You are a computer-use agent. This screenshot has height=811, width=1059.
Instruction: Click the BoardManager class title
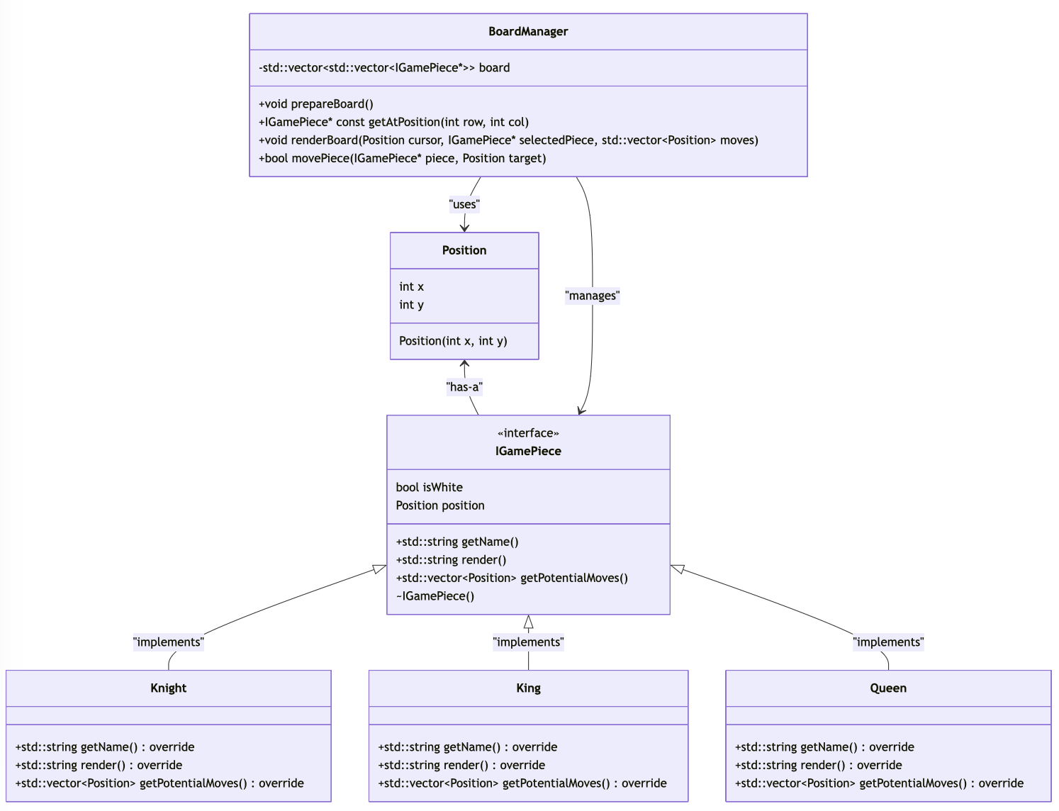528,31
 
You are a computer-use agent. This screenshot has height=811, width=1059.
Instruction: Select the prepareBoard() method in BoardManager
316,104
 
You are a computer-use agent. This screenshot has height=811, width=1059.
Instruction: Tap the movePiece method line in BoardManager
402,158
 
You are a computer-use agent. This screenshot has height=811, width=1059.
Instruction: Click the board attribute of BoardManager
384,67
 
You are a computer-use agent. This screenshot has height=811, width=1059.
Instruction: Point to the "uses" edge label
464,204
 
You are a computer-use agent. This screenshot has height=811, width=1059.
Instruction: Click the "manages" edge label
592,296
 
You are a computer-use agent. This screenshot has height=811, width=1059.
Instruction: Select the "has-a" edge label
464,387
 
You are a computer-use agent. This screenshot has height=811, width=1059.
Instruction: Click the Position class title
464,250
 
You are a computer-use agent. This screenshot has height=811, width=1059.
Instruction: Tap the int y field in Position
411,305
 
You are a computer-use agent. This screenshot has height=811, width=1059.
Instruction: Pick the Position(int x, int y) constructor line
453,341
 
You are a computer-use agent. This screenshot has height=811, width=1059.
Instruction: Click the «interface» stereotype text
528,433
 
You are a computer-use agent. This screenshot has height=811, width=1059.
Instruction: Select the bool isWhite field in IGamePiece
429,487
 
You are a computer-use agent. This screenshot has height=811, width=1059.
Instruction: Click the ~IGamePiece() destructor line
435,596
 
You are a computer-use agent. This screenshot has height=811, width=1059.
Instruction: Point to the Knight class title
169,688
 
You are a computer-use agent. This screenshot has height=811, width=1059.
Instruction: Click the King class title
528,688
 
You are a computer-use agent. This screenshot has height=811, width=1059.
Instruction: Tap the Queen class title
888,688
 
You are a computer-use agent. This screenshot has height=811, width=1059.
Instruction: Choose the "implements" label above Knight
169,642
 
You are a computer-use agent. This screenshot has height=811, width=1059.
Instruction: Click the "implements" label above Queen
888,642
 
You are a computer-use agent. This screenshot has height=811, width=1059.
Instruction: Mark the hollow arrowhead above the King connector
528,622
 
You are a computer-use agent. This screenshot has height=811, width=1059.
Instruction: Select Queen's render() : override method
818,765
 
